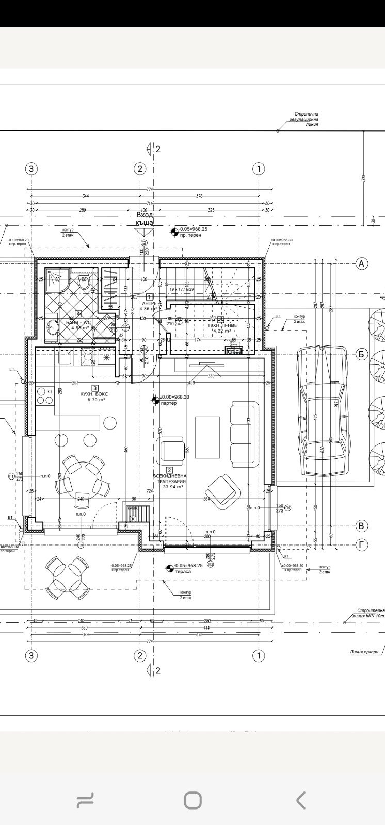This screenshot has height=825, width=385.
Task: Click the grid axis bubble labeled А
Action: (361, 263)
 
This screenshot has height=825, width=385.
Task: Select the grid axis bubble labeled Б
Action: (361, 354)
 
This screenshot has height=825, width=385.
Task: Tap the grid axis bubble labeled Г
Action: (361, 544)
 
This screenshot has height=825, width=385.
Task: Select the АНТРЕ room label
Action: (150, 306)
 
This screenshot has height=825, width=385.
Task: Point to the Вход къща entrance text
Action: (145, 219)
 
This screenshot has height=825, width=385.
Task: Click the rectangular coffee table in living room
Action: (207, 437)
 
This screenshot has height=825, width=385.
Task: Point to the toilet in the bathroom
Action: (84, 283)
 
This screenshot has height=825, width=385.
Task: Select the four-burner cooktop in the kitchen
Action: (44, 395)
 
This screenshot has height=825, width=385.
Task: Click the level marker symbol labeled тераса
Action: (169, 569)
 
